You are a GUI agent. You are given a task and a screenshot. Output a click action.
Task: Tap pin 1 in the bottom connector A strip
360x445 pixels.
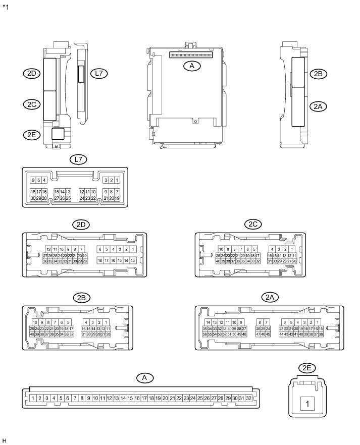point(33,398)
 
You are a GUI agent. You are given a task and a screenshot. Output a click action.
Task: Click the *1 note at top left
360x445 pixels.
point(6,8)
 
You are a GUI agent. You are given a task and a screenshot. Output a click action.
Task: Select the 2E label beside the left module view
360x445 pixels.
point(32,134)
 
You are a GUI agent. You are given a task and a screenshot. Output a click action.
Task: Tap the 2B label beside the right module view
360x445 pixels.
point(318,74)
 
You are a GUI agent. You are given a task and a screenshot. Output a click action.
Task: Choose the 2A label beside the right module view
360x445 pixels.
point(318,106)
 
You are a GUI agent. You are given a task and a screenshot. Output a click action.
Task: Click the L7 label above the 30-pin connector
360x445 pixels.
point(78,159)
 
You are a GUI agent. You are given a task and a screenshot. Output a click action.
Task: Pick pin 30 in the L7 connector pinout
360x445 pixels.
point(33,198)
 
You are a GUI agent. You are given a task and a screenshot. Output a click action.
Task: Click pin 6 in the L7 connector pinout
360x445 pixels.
point(33,180)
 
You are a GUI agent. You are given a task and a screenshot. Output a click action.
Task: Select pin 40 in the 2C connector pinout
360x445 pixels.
point(218,261)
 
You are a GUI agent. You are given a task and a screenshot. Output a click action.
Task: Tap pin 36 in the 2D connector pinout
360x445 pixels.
point(45,261)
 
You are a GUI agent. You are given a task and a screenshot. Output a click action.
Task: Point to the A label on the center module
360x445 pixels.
point(190,66)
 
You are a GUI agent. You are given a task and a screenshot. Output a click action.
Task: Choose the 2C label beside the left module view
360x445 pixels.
point(32,104)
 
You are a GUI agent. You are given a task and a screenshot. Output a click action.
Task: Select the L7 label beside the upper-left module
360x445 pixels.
point(99,74)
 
